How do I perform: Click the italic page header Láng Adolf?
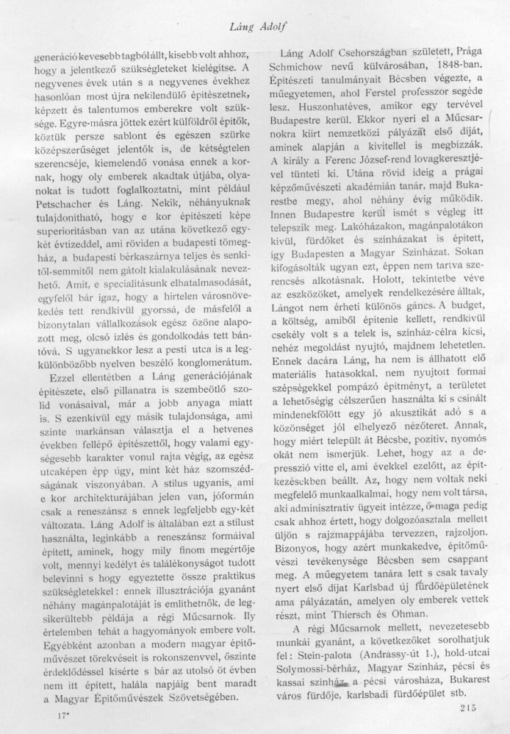259,27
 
